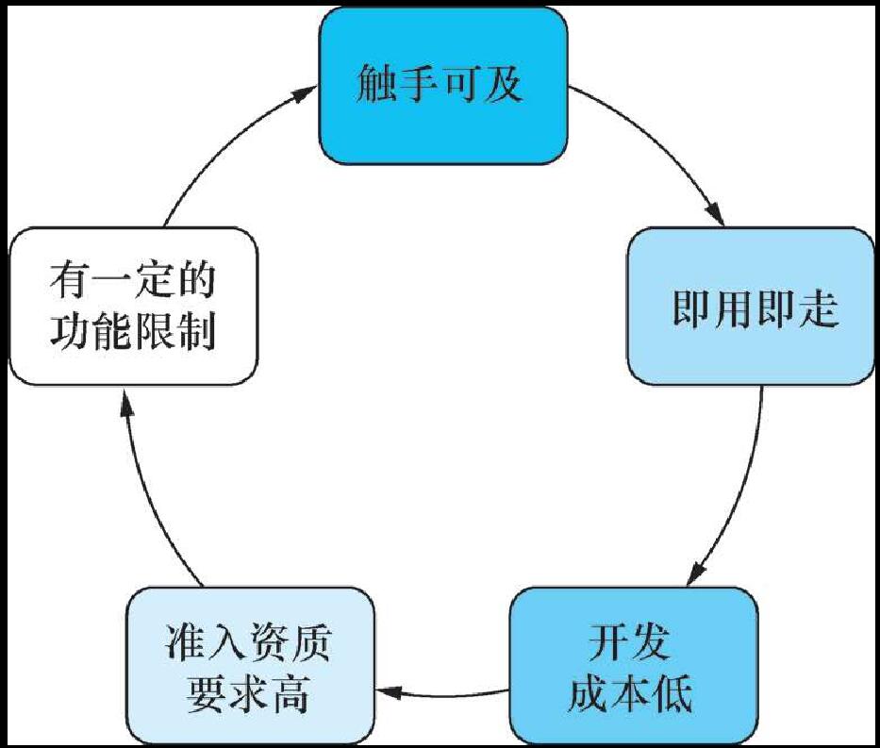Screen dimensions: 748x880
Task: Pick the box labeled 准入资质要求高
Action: click(x=250, y=665)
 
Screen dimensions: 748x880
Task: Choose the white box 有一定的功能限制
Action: click(x=132, y=306)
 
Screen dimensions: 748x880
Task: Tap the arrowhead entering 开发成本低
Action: click(x=697, y=572)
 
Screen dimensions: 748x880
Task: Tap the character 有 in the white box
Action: click(x=70, y=281)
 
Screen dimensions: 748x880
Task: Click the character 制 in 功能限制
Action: click(x=195, y=331)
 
